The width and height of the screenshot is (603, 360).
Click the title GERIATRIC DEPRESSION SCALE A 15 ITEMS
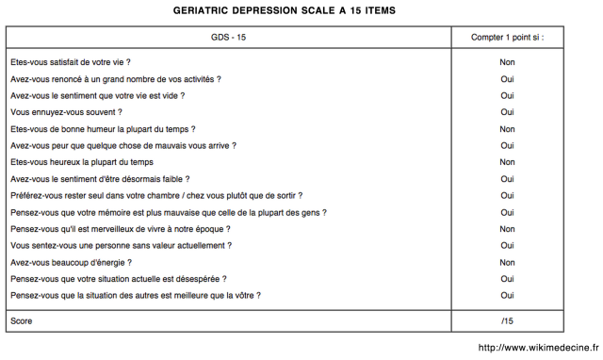click(x=285, y=10)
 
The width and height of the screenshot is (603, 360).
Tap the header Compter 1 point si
click(x=507, y=38)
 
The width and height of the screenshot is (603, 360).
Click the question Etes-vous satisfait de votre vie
click(x=71, y=62)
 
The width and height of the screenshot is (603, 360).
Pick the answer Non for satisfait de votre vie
click(x=507, y=62)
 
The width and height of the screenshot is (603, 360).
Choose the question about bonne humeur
click(x=103, y=129)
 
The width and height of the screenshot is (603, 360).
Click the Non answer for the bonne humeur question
click(x=507, y=129)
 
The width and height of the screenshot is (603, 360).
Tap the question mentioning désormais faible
click(x=100, y=179)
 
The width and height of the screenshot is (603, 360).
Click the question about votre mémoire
click(x=169, y=213)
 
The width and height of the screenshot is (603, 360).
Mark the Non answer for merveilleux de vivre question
click(x=507, y=229)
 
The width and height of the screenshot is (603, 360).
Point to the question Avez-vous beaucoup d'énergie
click(x=71, y=263)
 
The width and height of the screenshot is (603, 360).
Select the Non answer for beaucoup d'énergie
click(x=507, y=263)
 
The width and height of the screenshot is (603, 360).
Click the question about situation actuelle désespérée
click(x=118, y=279)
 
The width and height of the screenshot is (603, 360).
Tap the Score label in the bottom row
click(x=21, y=321)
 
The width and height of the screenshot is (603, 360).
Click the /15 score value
click(x=507, y=321)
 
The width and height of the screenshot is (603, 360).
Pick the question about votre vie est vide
click(x=97, y=95)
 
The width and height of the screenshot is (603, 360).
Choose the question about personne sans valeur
click(x=121, y=246)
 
